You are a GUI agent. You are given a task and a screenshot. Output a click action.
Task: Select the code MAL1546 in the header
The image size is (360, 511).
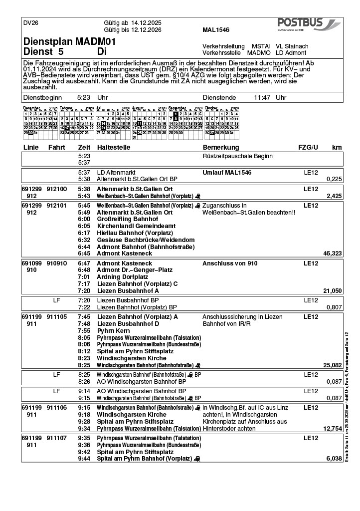point(216,30)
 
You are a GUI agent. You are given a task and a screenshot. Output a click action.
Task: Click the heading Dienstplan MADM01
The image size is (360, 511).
point(70,42)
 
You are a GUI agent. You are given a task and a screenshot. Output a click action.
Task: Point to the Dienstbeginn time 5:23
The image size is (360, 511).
point(84,98)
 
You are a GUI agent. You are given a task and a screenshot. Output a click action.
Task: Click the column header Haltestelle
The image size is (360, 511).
point(114,148)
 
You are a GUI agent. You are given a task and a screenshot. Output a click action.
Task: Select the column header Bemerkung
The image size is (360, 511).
point(221,148)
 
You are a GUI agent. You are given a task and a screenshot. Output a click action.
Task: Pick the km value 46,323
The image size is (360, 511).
point(333,254)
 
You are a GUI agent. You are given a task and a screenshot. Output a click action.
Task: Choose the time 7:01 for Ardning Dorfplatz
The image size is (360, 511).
point(84,276)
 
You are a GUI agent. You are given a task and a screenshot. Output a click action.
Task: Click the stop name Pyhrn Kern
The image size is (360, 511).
point(114,331)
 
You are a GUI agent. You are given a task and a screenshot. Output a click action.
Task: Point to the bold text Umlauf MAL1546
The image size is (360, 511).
point(227,172)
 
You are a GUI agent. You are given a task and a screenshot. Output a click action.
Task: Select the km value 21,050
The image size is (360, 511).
point(333,290)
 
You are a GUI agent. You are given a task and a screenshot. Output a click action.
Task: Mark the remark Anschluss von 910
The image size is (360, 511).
point(230,263)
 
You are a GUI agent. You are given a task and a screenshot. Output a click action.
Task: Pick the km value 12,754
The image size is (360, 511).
point(333,428)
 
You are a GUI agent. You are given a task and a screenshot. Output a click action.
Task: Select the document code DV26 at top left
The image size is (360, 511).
point(31,23)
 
